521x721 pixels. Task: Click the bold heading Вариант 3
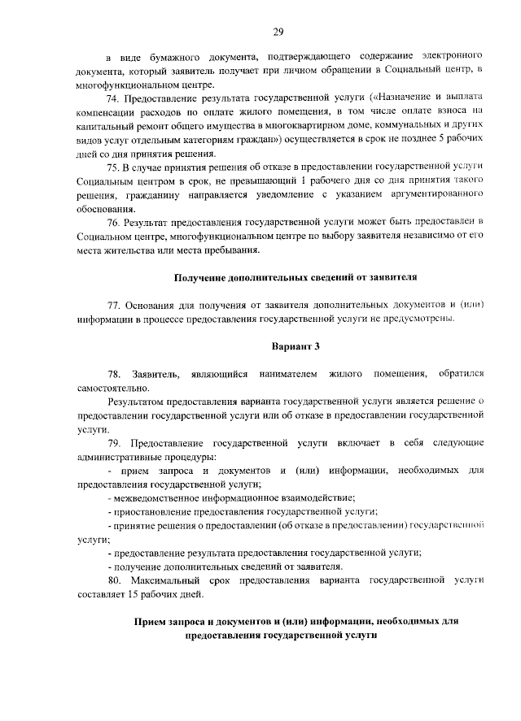(x=296, y=346)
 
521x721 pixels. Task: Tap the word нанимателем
(x=285, y=374)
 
